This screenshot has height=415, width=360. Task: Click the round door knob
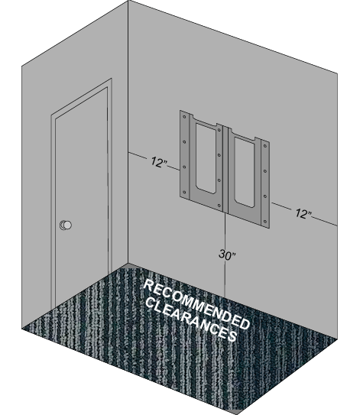click(66, 225)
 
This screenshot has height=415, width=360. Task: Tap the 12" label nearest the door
click(159, 162)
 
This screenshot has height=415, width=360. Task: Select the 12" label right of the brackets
click(303, 213)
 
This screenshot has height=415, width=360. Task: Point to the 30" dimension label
click(227, 255)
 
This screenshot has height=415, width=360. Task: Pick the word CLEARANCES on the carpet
click(191, 319)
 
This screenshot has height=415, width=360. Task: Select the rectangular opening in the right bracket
click(244, 172)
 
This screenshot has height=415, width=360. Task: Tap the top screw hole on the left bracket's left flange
click(184, 117)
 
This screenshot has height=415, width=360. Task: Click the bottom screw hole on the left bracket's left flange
click(184, 192)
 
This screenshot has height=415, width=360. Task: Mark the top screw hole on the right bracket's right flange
click(265, 146)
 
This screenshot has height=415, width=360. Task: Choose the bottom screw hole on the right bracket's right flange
click(265, 222)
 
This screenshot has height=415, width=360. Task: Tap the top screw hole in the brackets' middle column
click(219, 130)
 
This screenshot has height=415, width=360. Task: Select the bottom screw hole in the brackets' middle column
click(219, 205)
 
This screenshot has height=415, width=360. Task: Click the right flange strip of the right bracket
click(265, 183)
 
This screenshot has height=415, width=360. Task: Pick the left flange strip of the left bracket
click(184, 154)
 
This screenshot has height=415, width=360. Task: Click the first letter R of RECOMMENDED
click(148, 285)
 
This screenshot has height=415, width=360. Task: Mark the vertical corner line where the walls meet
click(128, 132)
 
